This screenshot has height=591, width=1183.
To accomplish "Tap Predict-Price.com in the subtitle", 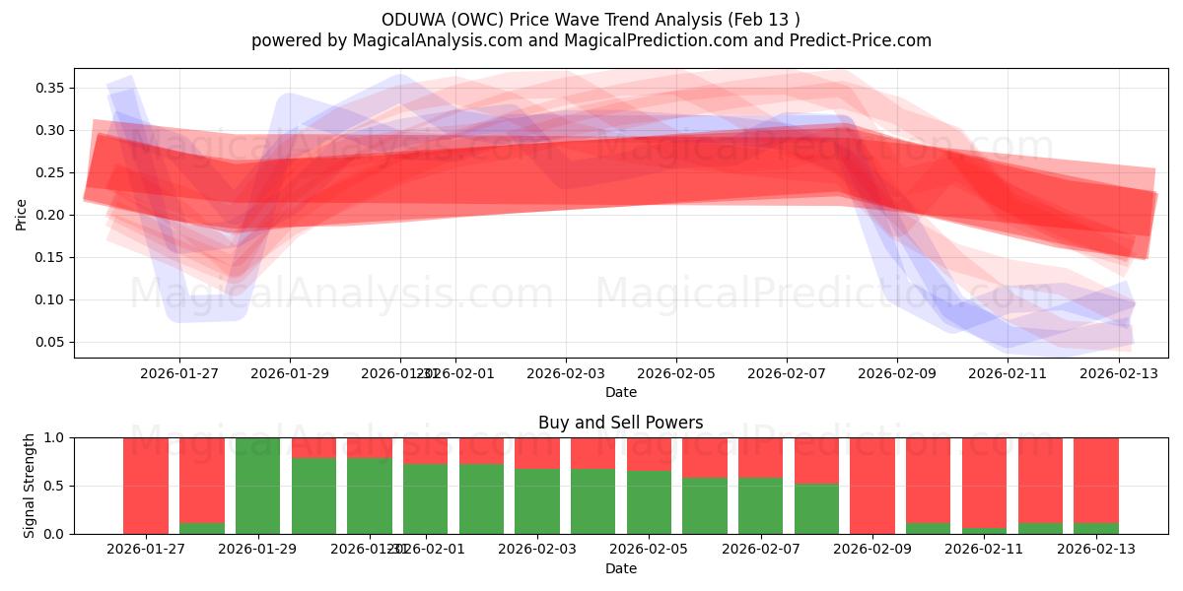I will coord(861,40).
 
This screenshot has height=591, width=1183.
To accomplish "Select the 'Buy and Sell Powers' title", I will coord(620,423).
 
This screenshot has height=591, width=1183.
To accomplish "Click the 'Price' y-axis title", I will coord(21,214).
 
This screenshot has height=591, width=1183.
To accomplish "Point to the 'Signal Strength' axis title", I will coord(30,486).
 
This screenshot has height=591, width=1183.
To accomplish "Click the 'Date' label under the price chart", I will coord(620,392).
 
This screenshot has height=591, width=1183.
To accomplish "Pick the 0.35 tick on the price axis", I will coord(50,89).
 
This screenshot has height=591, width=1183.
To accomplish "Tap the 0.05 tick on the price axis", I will coord(50,343).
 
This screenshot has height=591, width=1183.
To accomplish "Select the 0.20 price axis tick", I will coord(50,216).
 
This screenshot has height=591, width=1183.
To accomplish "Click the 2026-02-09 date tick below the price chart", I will coord(896,373).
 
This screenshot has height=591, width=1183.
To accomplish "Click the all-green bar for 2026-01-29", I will coord(257,486).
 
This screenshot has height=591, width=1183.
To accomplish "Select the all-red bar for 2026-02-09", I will coord(872,486).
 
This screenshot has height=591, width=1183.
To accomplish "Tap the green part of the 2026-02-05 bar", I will coord(649,502).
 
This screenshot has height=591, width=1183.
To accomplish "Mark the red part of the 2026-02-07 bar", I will coord(760,457).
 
